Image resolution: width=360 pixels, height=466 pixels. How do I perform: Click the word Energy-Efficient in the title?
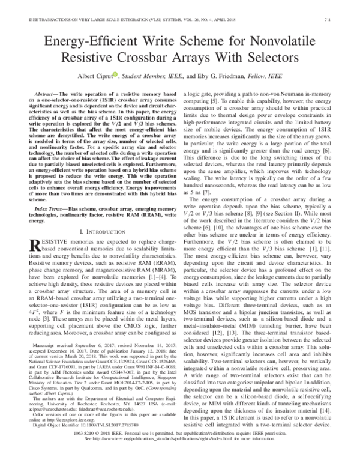[110, 42]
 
